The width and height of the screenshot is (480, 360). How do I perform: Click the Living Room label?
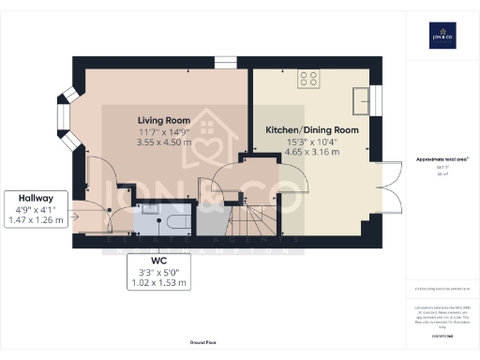click(164, 120)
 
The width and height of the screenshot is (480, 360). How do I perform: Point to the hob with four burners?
click(307, 79)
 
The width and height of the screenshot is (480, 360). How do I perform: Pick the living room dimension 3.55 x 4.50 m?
click(164, 144)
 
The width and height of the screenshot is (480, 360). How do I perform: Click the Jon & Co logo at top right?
click(442, 37)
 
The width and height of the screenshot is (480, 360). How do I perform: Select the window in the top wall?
click(225, 62)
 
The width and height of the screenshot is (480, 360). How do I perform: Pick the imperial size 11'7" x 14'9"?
click(164, 133)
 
